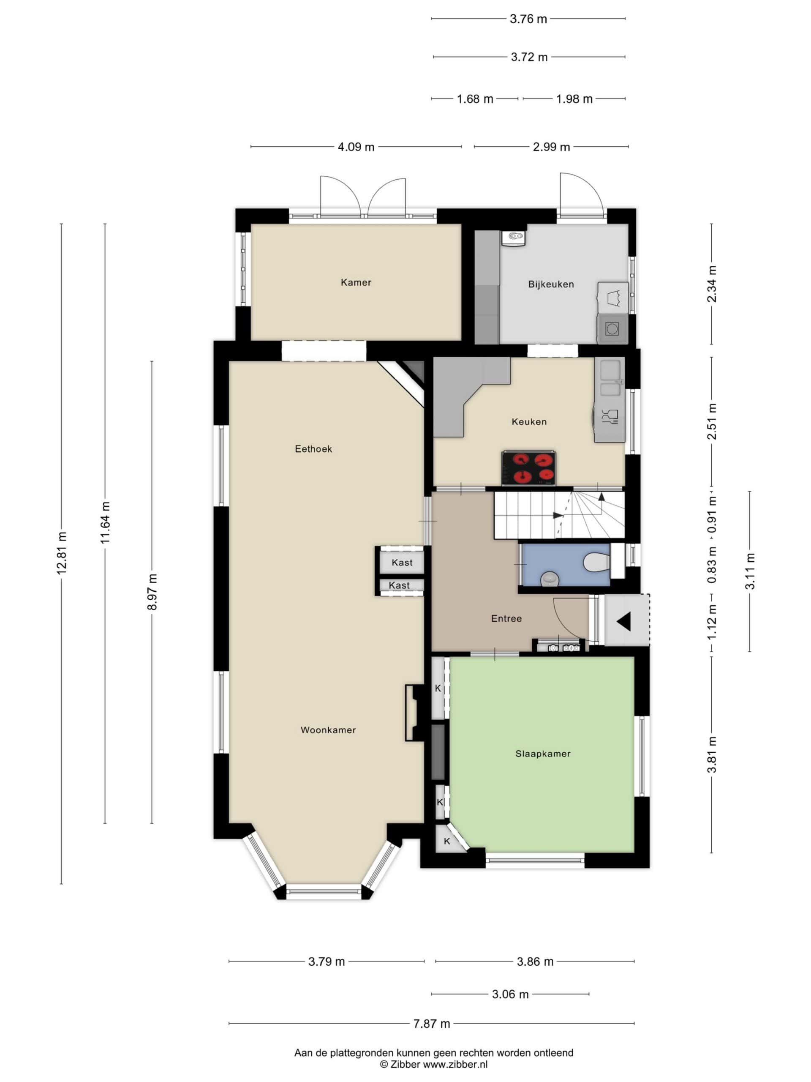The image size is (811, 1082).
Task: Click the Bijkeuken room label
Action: coord(551,284)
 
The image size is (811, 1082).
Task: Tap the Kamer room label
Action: coord(356,282)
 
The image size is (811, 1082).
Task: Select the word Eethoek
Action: coord(313,448)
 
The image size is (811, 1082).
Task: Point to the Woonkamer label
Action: coord(328,730)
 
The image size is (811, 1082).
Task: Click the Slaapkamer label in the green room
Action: coord(543,754)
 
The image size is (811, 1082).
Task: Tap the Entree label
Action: coord(506,618)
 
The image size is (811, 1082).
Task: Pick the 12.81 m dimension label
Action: coord(62,553)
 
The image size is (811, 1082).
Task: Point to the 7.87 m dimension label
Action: coord(432,1023)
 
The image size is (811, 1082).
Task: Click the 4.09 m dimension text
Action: coord(356,147)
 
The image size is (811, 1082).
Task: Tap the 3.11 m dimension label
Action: coord(750,571)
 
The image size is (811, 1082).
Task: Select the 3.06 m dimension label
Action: coord(510,994)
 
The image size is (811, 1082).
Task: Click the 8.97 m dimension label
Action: coord(152,592)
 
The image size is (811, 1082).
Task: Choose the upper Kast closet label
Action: coord(402,563)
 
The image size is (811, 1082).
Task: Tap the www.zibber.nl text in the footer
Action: coord(455,1064)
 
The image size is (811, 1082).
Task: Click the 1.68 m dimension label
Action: coord(475,99)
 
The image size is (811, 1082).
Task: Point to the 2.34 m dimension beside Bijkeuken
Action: coord(712,284)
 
